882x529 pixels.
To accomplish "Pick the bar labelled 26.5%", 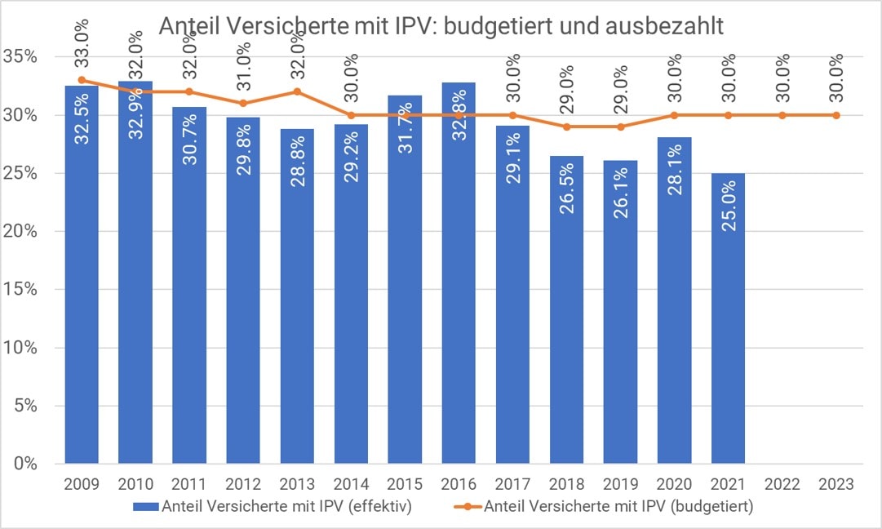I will pos(566,309).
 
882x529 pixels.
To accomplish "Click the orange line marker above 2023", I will pos(835,115).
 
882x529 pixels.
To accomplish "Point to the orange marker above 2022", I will pos(782,115).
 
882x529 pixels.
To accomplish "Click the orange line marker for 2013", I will pos(297,91).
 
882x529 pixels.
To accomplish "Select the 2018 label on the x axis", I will pos(566,484).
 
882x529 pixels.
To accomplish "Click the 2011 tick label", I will pos(189,484).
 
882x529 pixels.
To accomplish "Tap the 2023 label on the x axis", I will pos(835,484).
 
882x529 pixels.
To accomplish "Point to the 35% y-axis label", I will pos(20,57).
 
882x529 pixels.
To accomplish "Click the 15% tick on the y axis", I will pos(20,290).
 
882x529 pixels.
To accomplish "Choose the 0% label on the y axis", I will pos(24,464).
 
